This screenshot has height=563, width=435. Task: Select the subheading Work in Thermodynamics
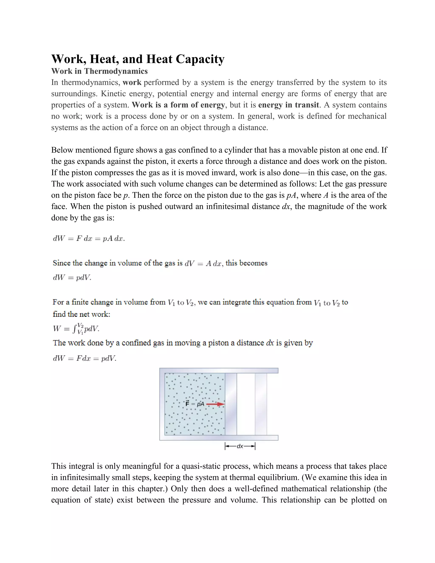[x=99, y=71]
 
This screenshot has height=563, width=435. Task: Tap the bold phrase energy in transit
[x=288, y=105]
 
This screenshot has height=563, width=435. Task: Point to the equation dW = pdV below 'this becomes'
[x=72, y=278]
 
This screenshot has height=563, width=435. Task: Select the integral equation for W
[x=76, y=329]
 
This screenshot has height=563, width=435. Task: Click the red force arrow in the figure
[x=215, y=404]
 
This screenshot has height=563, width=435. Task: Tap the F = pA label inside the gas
[x=195, y=404]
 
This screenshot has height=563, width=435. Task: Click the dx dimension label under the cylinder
[x=240, y=446]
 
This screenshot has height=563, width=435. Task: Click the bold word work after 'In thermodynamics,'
[x=132, y=82]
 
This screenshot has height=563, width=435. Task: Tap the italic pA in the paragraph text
[x=291, y=195]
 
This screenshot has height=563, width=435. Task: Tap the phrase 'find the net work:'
[x=81, y=314]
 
